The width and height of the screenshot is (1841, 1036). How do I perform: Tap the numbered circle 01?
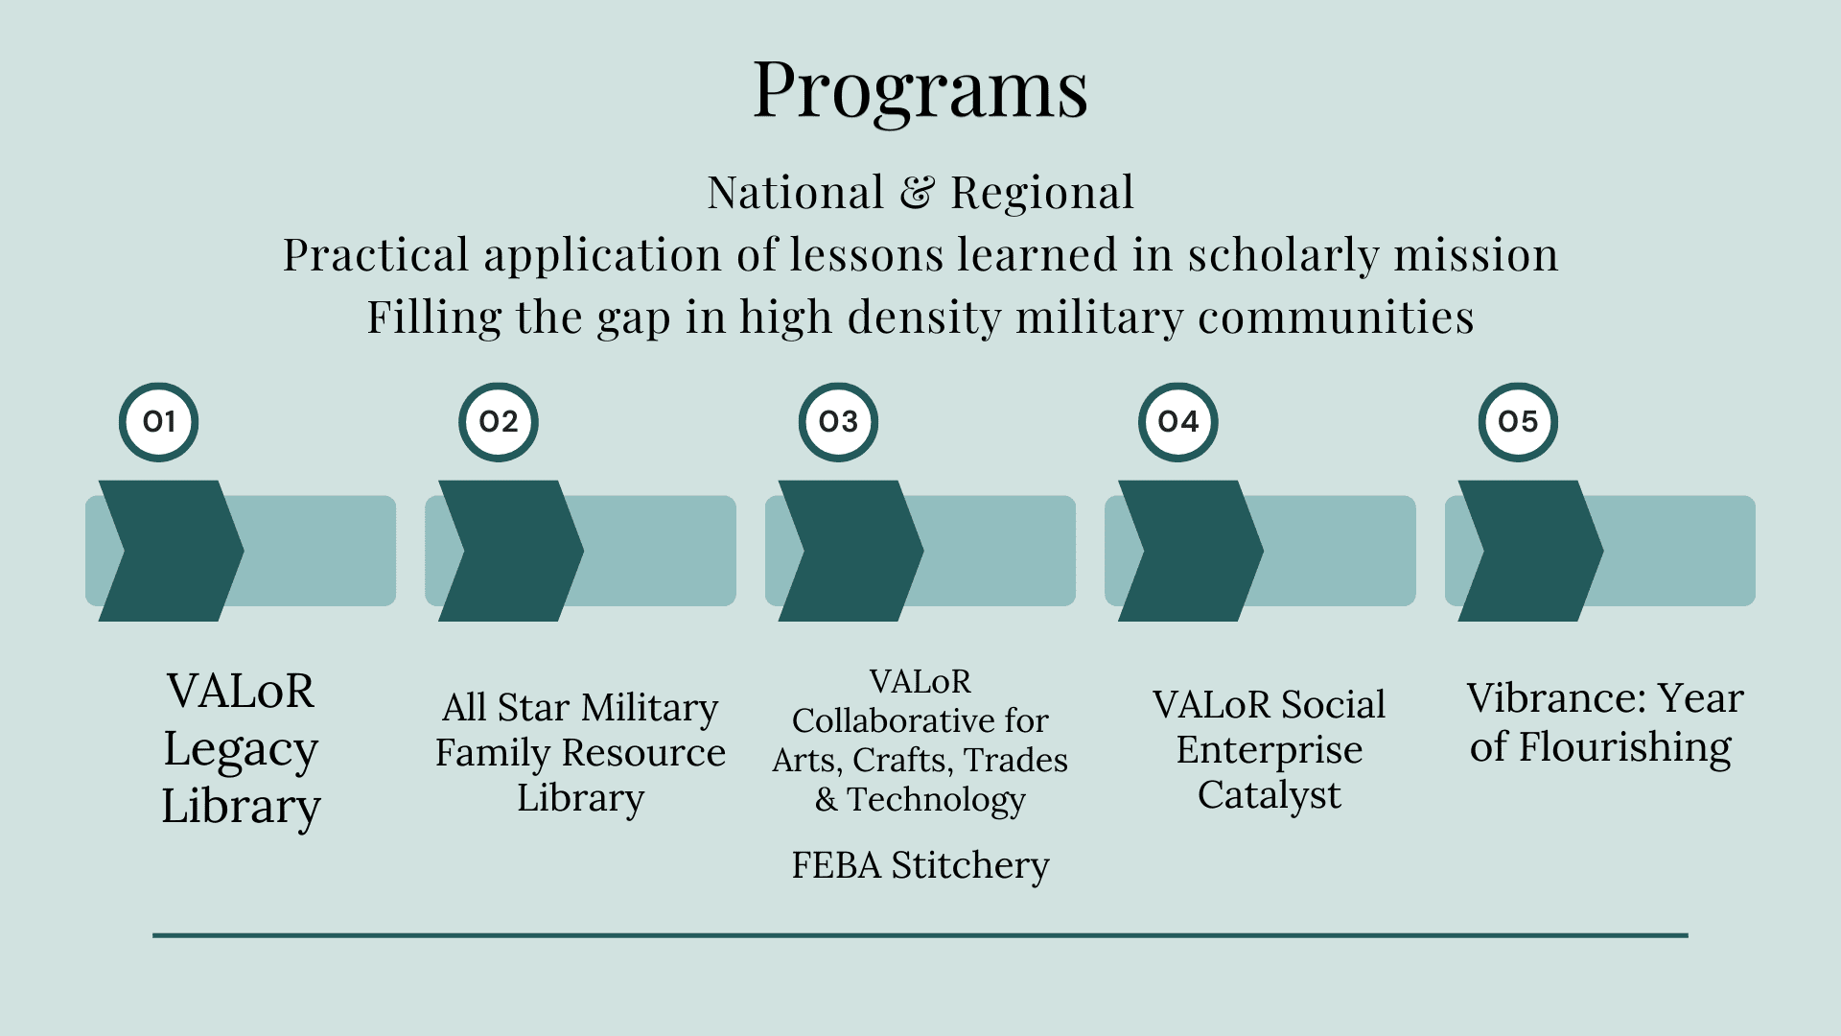[158, 422]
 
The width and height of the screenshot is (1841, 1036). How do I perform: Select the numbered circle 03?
[838, 422]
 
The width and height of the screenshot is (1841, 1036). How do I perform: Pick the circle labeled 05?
[1517, 422]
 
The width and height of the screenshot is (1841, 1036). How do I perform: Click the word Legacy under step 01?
[241, 749]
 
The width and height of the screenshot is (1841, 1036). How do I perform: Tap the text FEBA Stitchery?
[920, 865]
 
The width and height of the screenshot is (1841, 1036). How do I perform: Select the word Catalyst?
[1269, 795]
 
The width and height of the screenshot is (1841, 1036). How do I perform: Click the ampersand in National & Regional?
[917, 193]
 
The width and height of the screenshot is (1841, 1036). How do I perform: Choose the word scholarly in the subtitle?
[1283, 255]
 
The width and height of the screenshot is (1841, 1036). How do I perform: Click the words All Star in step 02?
[506, 708]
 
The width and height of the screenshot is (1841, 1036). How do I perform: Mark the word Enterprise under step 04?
[1269, 750]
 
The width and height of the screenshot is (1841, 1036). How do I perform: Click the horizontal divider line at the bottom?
[920, 934]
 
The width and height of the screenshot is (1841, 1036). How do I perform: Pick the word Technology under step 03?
[936, 799]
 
